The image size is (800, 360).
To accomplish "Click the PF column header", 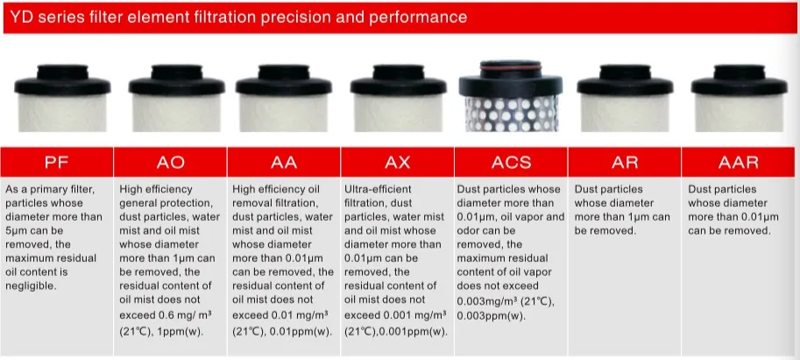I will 57,162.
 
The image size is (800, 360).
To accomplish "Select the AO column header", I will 170,162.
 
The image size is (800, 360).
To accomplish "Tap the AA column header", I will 283,162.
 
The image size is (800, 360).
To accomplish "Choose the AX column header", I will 397,162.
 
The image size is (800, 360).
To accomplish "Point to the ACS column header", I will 511,162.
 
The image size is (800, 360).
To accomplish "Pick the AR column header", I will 624,162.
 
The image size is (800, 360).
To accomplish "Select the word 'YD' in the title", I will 22,18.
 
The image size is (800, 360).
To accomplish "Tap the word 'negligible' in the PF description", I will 32,286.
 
